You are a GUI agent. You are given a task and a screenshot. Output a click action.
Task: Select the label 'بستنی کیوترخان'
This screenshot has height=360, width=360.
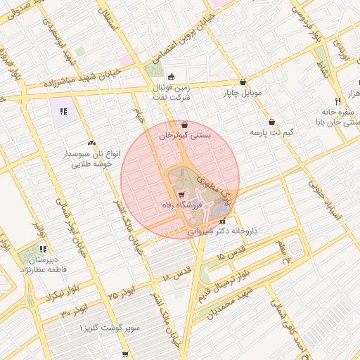tap(184, 135)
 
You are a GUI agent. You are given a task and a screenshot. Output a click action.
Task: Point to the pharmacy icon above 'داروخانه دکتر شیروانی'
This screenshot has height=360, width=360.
tap(223, 221)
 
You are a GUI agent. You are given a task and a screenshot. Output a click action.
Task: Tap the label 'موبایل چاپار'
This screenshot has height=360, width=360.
tap(243, 92)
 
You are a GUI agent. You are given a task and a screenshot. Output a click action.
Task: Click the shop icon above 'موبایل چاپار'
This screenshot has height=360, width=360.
tap(243, 82)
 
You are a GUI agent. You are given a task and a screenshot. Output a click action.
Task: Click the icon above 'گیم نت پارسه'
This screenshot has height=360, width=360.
tap(271, 122)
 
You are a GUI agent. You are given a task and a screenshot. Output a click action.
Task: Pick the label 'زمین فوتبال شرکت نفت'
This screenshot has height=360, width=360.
tap(171, 91)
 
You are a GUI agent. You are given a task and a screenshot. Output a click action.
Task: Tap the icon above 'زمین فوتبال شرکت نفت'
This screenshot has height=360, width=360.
tap(171, 77)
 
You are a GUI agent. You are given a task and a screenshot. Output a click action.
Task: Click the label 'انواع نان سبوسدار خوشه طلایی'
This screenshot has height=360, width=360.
tap(92, 157)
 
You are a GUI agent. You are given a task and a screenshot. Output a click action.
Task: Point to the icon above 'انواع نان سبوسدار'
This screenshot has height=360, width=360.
tap(92, 143)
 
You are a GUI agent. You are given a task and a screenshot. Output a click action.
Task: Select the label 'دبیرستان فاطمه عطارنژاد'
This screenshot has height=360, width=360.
tap(44, 264)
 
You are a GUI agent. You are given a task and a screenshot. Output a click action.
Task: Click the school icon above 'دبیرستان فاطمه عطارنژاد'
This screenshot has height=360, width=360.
tap(44, 249)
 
